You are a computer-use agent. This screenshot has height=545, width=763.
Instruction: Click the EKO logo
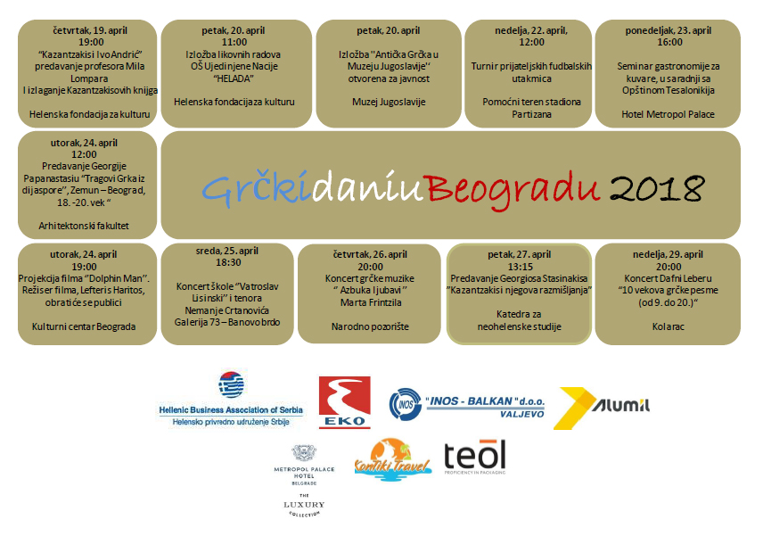345,402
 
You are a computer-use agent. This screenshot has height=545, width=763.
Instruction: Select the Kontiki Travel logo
392,459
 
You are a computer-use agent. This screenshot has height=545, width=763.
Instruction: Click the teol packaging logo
475,457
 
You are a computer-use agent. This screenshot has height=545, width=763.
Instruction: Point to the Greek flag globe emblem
231,384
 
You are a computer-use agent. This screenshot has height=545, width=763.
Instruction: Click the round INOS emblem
405,404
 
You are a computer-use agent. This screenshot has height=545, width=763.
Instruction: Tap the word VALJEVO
522,414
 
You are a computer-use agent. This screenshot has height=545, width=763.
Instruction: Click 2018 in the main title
657,188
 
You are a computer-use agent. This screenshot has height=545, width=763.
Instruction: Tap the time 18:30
228,262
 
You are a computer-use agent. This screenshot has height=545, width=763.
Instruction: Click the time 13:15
520,267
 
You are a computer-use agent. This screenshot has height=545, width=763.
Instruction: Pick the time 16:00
669,43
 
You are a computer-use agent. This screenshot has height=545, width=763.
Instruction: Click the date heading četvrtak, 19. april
90,30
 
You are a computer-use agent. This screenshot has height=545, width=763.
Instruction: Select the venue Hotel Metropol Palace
668,114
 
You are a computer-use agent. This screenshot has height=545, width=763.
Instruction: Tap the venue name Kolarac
669,326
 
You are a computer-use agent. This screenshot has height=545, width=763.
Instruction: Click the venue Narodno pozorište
370,326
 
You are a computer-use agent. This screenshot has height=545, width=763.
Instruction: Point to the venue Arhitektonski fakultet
84,226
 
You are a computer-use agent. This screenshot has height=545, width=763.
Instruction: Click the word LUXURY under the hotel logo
304,505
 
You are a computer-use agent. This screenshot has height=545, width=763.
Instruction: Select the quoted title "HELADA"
234,78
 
